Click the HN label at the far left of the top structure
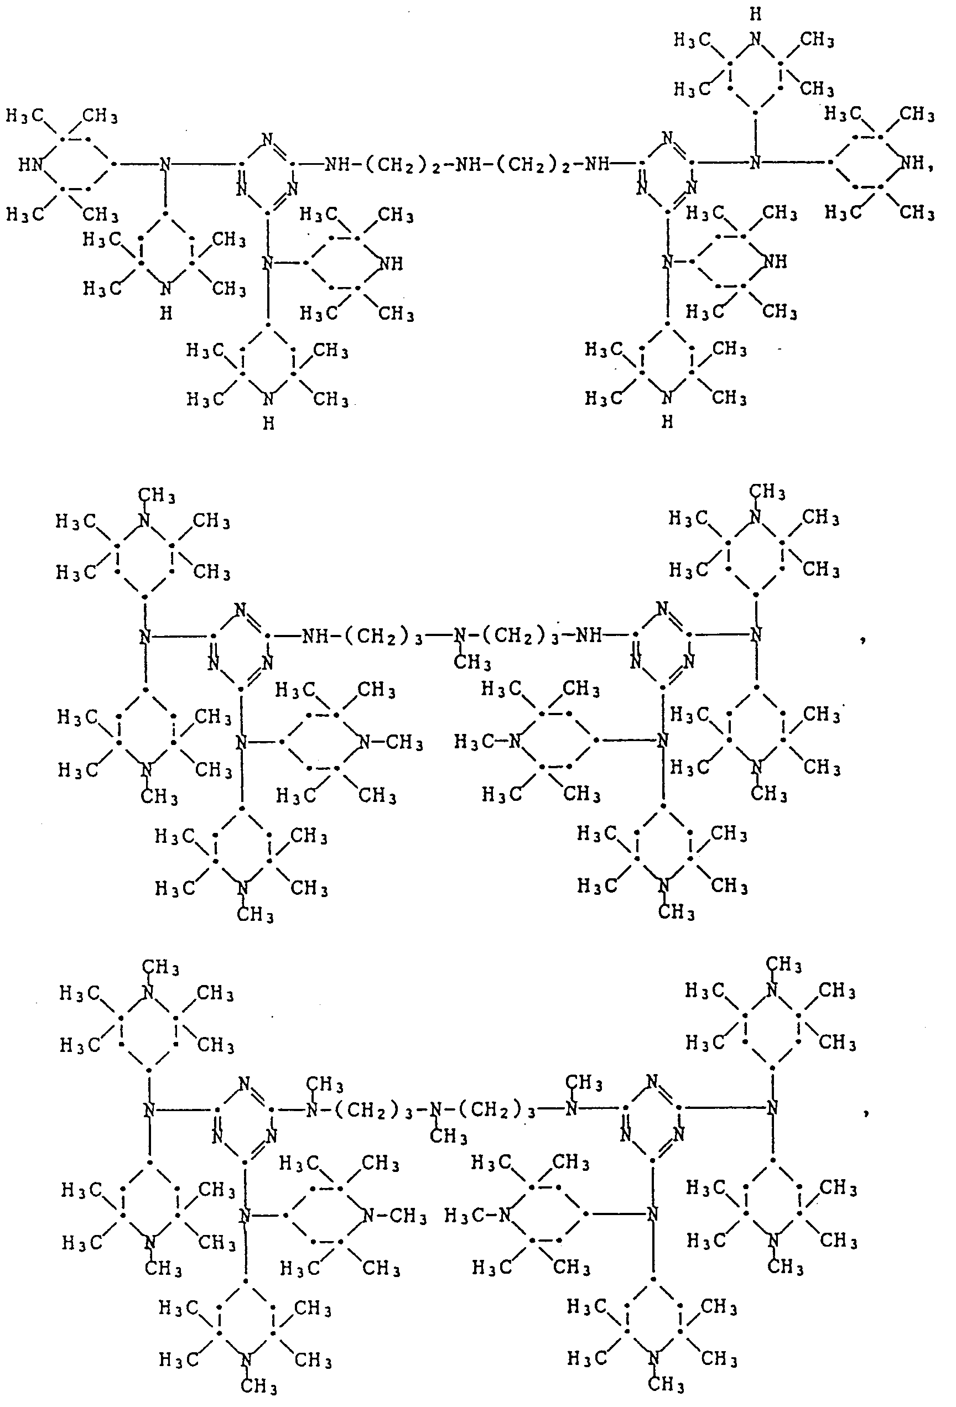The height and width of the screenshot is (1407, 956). pyautogui.click(x=30, y=165)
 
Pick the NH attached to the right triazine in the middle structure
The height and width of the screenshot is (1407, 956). pyautogui.click(x=589, y=635)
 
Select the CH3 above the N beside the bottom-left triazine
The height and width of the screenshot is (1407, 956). pyautogui.click(x=325, y=1085)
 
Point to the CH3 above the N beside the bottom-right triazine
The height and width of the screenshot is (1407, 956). pyautogui.click(x=584, y=1082)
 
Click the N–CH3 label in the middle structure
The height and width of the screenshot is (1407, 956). pyautogui.click(x=391, y=742)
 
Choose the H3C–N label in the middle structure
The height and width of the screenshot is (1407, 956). pyautogui.click(x=488, y=741)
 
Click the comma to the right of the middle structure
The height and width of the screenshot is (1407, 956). pyautogui.click(x=862, y=639)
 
